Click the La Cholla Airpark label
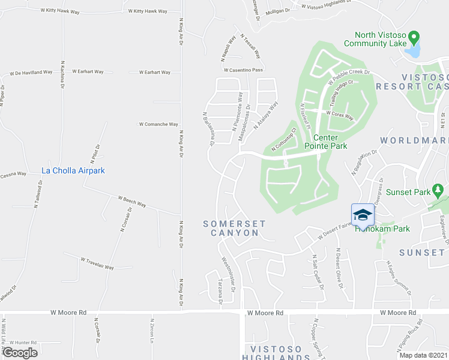73,171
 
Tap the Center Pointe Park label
326,142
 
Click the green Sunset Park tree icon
438,191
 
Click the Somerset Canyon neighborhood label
234,228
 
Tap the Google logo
20,353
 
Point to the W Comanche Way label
158,125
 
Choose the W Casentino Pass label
243,70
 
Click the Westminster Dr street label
229,272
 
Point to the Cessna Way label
13,174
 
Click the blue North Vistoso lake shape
412,51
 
